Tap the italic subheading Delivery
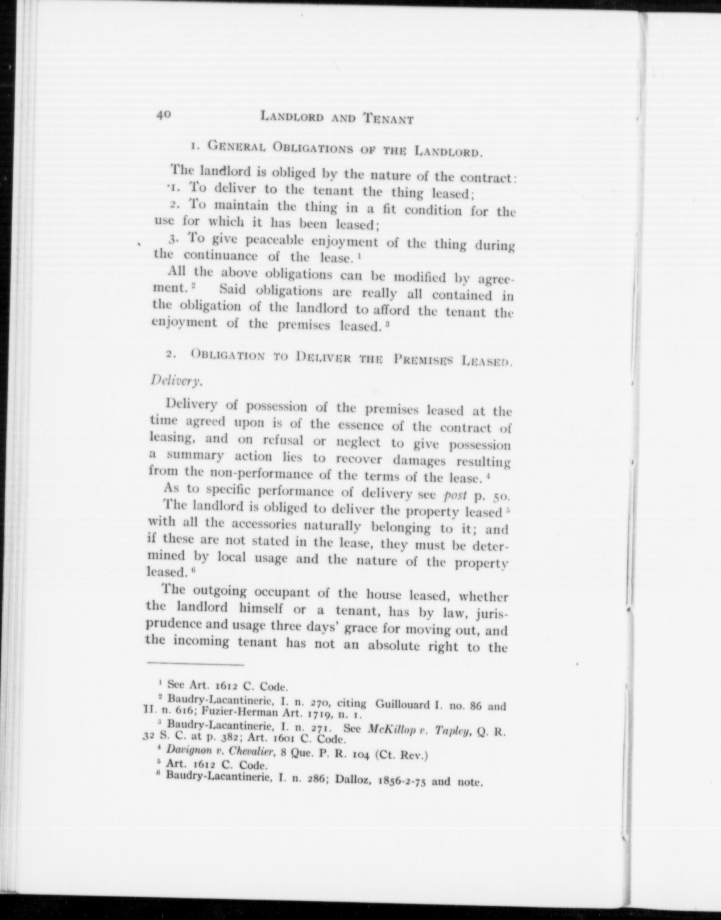click(177, 380)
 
